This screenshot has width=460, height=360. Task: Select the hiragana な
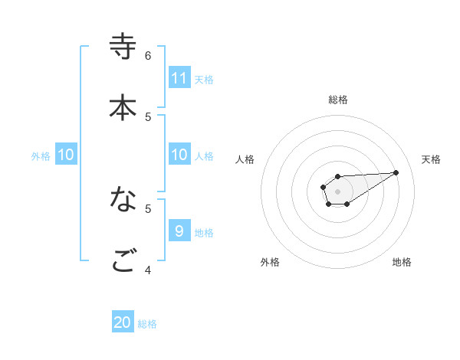click(123, 200)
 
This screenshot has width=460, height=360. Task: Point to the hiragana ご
click(123, 261)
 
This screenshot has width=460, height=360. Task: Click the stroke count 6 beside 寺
click(148, 55)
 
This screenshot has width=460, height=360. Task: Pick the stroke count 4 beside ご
click(148, 270)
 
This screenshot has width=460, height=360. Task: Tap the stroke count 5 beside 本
click(148, 116)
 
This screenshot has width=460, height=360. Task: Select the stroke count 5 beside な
click(148, 208)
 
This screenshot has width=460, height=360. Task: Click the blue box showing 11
click(179, 78)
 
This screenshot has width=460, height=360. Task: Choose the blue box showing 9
click(179, 231)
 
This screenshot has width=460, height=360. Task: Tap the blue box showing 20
click(123, 322)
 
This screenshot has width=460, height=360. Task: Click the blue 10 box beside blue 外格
click(66, 155)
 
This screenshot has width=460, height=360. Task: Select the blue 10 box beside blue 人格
click(179, 155)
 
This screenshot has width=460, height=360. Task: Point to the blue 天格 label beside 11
click(204, 79)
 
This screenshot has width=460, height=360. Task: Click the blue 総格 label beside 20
click(147, 324)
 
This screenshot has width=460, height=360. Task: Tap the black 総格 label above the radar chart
click(338, 100)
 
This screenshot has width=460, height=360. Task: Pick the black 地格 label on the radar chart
click(402, 262)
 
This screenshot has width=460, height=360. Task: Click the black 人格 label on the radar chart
click(245, 159)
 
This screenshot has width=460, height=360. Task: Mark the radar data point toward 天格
click(396, 172)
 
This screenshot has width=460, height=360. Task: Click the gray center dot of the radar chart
click(338, 190)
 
